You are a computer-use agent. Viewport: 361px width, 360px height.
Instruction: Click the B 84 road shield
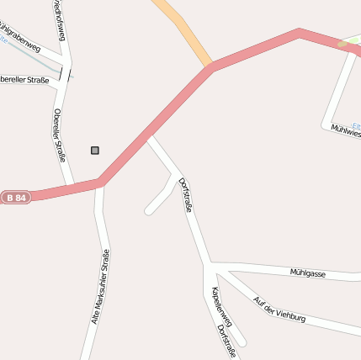pyautogui.click(x=15, y=198)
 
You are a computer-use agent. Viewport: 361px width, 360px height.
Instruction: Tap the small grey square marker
pyautogui.click(x=95, y=151)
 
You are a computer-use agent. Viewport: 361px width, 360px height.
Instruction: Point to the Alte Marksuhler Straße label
pyautogui.click(x=100, y=287)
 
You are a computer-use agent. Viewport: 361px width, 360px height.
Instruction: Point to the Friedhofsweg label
pyautogui.click(x=60, y=19)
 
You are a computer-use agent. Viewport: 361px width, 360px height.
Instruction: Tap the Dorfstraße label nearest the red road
pyautogui.click(x=185, y=193)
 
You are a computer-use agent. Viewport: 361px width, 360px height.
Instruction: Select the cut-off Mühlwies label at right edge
pyautogui.click(x=345, y=129)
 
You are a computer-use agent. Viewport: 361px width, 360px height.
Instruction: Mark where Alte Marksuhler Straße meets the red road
pyautogui.click(x=99, y=182)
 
